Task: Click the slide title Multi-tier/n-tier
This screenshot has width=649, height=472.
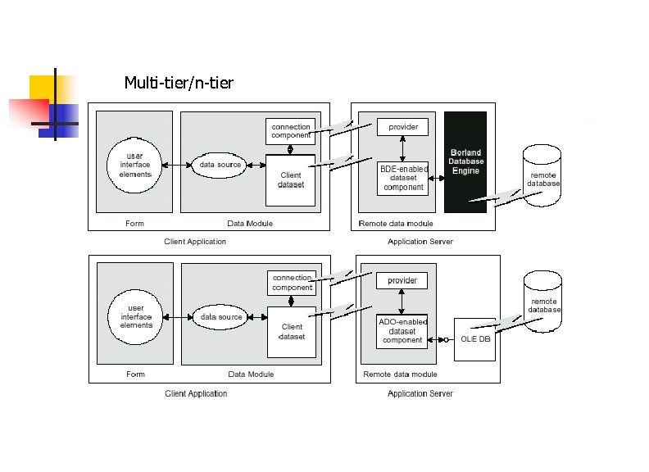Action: point(179,83)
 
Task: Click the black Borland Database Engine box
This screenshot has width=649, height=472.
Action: point(465,162)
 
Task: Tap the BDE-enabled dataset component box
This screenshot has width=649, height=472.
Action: point(403,179)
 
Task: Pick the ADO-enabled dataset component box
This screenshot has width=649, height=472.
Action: point(402,331)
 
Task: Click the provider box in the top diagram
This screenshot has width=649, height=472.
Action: point(402,127)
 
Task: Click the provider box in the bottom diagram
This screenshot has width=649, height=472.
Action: point(402,280)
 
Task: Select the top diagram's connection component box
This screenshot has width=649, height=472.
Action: point(291,131)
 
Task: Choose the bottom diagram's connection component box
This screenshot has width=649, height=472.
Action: point(292,283)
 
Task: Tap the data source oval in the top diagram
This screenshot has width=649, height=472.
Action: point(220,165)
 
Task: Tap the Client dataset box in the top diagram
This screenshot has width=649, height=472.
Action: point(291,180)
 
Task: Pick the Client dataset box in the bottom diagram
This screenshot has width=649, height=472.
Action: point(292,332)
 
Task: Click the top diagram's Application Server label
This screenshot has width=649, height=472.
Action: point(420,242)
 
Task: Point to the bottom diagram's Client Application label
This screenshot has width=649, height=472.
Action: point(196,393)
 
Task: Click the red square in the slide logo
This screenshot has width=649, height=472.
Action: point(28,113)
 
